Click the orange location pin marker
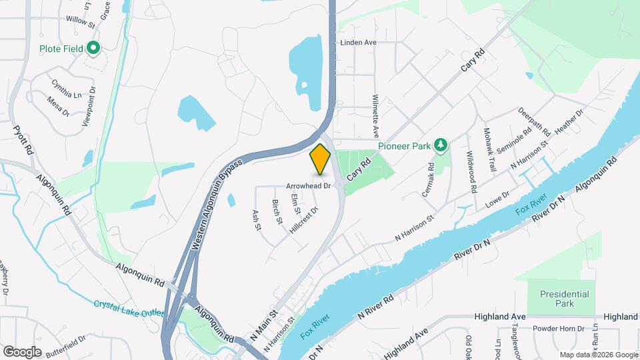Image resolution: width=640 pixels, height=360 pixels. (x=320, y=159)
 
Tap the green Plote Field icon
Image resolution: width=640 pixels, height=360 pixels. (x=93, y=48)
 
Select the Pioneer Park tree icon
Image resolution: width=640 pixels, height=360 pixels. (x=440, y=145)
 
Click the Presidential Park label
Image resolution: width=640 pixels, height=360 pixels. (x=564, y=298)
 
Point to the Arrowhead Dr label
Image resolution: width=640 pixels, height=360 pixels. (x=309, y=186)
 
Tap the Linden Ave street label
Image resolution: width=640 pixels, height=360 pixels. (x=359, y=43)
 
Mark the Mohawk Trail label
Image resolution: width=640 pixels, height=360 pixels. (x=490, y=149)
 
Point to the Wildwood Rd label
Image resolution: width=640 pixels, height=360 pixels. (x=471, y=172)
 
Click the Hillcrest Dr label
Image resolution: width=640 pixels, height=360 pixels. (x=304, y=220)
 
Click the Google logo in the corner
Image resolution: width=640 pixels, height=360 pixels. (x=22, y=351)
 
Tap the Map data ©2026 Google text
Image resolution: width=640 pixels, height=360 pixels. (x=599, y=355)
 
